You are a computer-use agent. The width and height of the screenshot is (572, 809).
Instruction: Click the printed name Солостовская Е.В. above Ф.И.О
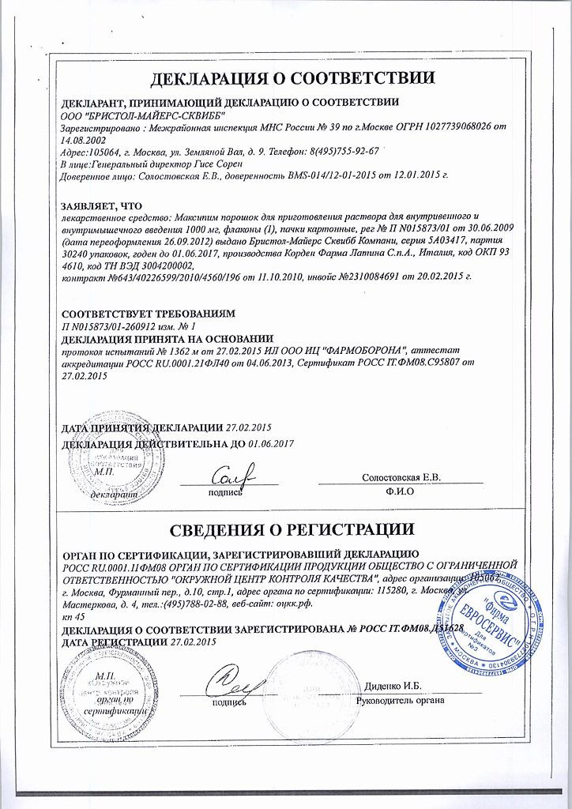click(x=401, y=477)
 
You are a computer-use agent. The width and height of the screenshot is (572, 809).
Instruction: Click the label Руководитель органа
click(x=401, y=700)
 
